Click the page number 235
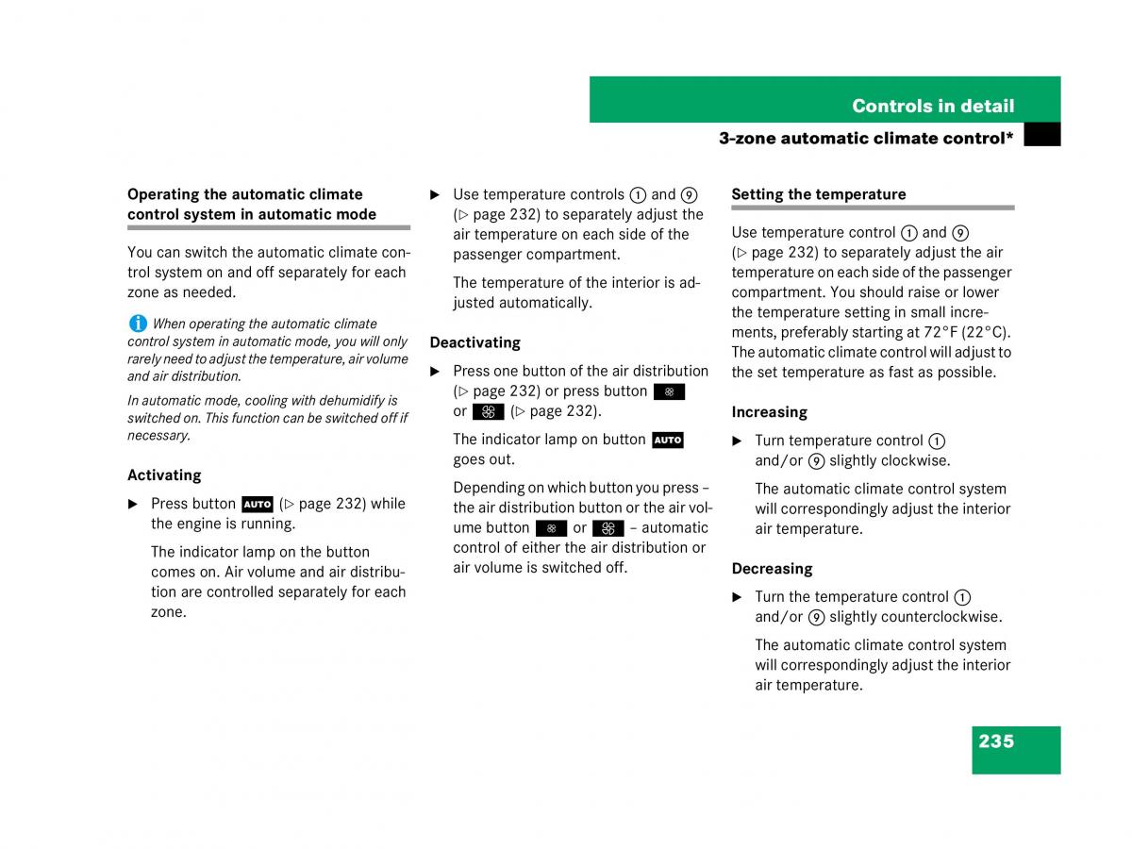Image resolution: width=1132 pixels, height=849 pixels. (x=996, y=741)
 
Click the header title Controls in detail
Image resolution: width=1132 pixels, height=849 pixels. (x=933, y=106)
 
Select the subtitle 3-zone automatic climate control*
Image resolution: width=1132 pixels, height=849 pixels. (x=865, y=138)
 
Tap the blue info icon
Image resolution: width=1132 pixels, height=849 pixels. (x=138, y=323)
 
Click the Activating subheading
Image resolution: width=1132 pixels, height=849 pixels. (x=164, y=475)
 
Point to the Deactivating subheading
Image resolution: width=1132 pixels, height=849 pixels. (x=474, y=342)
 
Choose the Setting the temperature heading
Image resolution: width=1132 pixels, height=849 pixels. (x=818, y=194)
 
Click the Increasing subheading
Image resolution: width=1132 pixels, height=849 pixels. (x=769, y=412)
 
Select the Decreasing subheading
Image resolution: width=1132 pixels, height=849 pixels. (x=772, y=569)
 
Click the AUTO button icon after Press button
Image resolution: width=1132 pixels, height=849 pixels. (x=257, y=504)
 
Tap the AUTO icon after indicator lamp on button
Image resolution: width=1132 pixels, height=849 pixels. (x=667, y=440)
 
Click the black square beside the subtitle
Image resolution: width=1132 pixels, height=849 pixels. (x=1041, y=136)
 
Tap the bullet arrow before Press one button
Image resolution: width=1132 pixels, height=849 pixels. (x=435, y=372)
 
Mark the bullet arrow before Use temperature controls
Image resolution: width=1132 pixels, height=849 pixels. (x=435, y=195)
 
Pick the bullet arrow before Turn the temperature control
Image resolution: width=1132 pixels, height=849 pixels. (x=737, y=597)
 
